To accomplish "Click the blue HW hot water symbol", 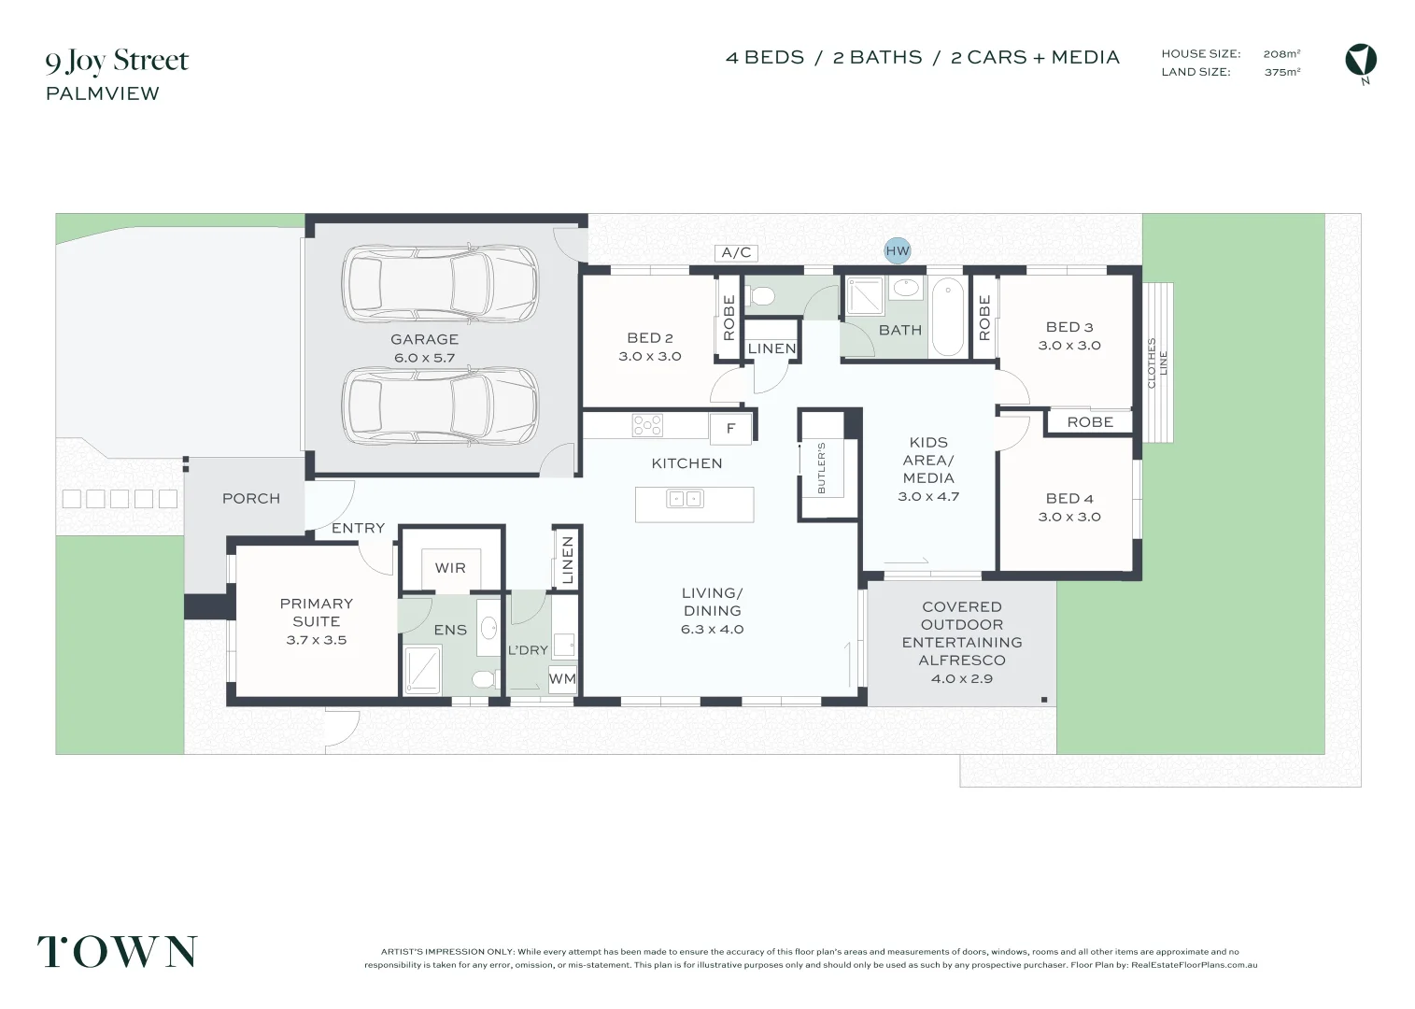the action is [x=897, y=250].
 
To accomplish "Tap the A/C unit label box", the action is [x=736, y=253].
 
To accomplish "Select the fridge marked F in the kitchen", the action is [x=730, y=429].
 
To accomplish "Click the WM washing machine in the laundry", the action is [x=562, y=679].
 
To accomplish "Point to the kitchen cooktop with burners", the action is [x=647, y=425].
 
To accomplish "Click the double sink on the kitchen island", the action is [x=685, y=499].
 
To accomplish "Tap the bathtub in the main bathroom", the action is [x=948, y=318].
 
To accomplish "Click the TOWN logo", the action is [x=118, y=951].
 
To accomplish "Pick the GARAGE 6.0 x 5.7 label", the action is [x=424, y=348].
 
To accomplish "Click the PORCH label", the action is [x=251, y=499].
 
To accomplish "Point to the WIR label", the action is [x=450, y=568].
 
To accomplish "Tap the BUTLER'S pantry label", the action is [x=821, y=468].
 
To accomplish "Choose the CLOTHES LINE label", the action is [x=1156, y=363].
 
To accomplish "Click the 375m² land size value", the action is [x=1281, y=72].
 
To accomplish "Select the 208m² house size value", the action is [x=1281, y=53].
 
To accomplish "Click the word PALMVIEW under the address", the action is [x=103, y=93].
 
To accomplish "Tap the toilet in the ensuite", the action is [x=486, y=680].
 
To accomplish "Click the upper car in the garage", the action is [x=440, y=283].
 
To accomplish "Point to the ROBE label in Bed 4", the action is [x=1090, y=422].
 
